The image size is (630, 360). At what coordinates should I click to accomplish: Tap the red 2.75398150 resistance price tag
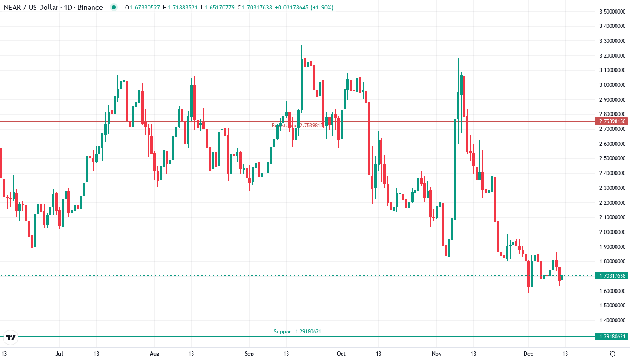[610, 121]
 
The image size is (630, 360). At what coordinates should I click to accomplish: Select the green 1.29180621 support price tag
[610, 337]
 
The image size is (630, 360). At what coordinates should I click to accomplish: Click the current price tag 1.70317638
[610, 275]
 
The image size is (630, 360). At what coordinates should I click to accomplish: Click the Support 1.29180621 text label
[297, 332]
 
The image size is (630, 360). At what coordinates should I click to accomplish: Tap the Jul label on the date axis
[59, 353]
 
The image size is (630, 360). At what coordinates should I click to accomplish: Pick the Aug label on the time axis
[154, 353]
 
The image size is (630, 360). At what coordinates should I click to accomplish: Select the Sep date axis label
[249, 353]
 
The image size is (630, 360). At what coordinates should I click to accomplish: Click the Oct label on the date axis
[341, 353]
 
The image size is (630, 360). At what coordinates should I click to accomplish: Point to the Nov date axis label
[436, 353]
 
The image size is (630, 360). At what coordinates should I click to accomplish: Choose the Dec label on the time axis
[529, 353]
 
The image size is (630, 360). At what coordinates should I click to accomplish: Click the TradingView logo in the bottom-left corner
[11, 337]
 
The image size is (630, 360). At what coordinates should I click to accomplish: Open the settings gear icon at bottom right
[613, 354]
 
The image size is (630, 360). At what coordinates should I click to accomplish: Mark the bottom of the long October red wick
[369, 319]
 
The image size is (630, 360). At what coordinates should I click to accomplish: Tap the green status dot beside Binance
[114, 8]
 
